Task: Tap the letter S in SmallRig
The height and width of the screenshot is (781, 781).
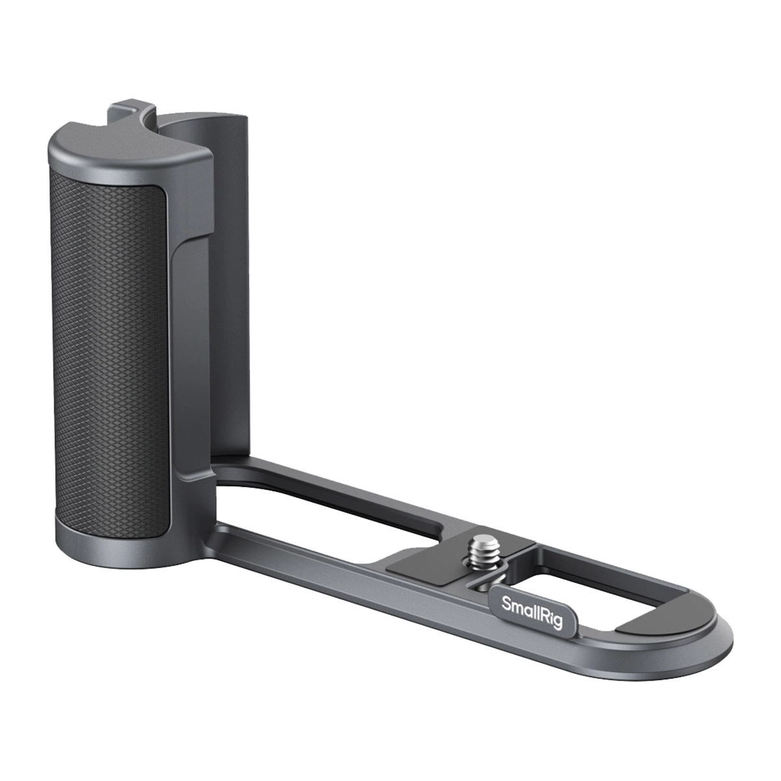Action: (506, 603)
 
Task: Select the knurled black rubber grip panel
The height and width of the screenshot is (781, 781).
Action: (109, 353)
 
